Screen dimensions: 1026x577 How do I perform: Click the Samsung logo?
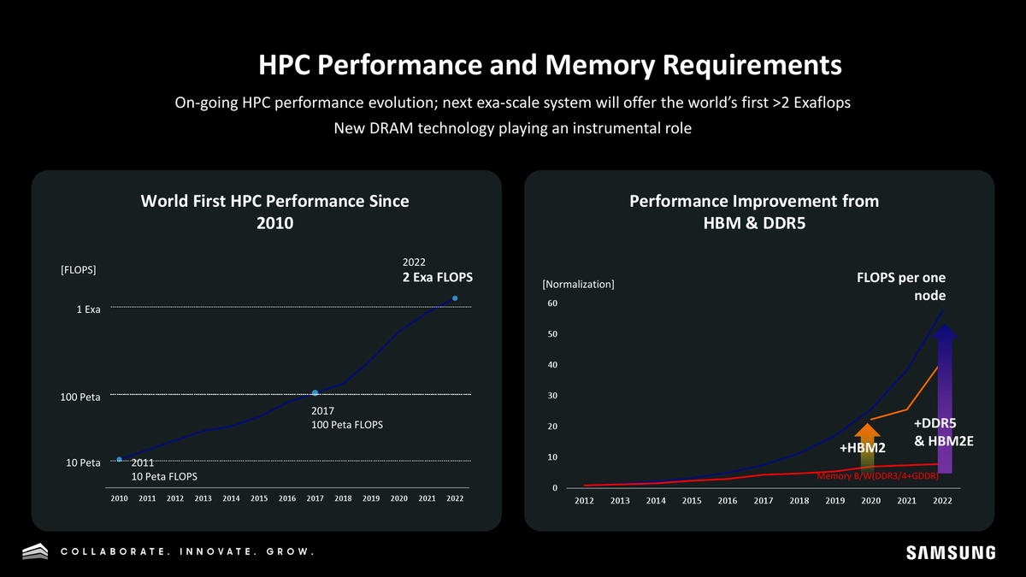coord(951,553)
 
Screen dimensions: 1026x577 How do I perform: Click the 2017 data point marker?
coord(315,393)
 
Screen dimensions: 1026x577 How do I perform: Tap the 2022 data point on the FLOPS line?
coord(455,298)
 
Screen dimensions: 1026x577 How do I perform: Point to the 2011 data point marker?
coord(119,459)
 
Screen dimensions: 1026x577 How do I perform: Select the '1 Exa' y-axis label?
coord(88,309)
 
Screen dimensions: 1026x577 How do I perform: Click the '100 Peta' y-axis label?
coord(80,397)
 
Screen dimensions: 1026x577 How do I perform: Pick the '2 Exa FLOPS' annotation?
coord(438,277)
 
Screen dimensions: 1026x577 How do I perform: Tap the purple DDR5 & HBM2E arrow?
coord(945,398)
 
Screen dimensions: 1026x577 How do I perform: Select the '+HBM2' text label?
coord(862,448)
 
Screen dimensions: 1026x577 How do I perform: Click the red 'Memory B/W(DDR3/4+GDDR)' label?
coord(877,476)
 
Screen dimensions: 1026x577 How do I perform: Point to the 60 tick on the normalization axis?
coord(552,303)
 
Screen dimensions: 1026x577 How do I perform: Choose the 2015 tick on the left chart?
coord(259,498)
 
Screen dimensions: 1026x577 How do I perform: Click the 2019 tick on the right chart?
coord(835,501)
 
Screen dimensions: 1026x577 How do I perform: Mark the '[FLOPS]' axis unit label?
coord(79,270)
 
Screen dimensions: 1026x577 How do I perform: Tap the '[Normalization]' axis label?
coord(578,285)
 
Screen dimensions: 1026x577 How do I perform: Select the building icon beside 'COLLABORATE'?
coord(35,551)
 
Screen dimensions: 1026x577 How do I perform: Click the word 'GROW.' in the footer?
coord(291,552)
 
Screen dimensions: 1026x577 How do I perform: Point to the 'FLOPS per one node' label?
coord(901,286)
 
